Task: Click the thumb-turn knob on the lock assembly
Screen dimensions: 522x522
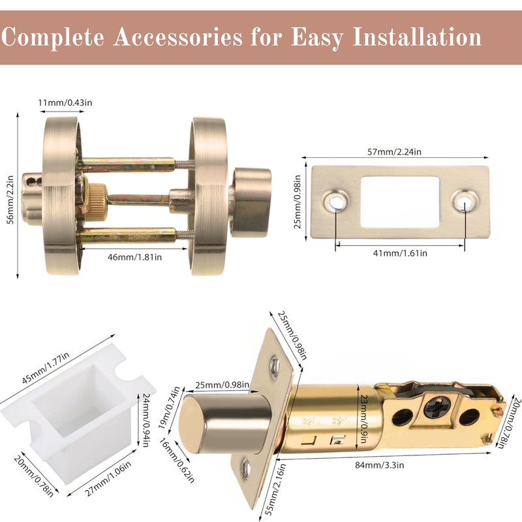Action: (253, 200)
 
